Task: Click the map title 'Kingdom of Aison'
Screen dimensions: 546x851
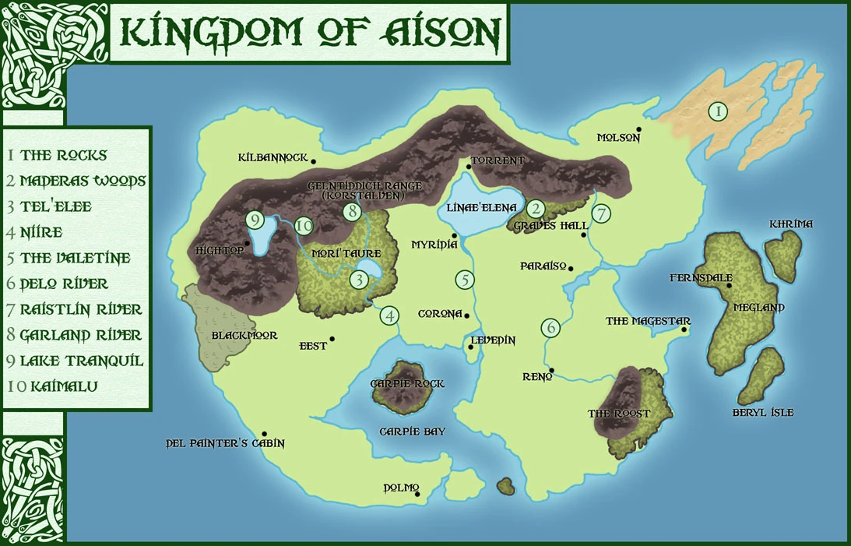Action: (x=309, y=33)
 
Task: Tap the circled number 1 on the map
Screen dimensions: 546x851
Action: (x=718, y=111)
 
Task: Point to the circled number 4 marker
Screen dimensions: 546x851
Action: (x=389, y=315)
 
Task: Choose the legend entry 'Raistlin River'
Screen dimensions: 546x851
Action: (x=81, y=309)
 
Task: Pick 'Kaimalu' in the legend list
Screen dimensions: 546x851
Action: (x=55, y=386)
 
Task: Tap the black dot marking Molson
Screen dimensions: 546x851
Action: (x=638, y=129)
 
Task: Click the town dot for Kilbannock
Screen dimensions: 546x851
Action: (x=313, y=161)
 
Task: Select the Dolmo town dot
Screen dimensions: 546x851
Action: (x=417, y=494)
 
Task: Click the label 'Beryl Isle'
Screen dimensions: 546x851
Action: (x=763, y=412)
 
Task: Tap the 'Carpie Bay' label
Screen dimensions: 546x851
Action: (x=413, y=431)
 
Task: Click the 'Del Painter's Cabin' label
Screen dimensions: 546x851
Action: (x=225, y=443)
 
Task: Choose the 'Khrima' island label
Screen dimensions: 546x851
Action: (x=790, y=224)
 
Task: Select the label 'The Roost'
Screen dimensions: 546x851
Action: (x=618, y=414)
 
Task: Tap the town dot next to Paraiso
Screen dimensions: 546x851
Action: (x=571, y=269)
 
